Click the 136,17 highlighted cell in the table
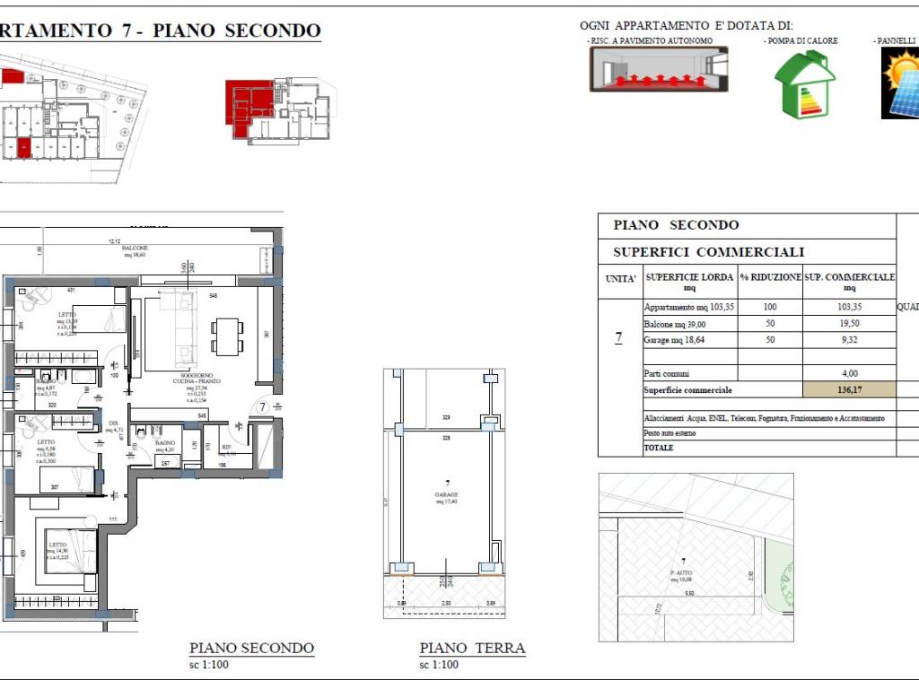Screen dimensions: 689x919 pyautogui.click(x=850, y=390)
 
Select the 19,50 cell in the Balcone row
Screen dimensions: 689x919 pyautogui.click(x=850, y=323)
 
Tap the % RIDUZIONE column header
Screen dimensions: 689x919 pyautogui.click(x=769, y=278)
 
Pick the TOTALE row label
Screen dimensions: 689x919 pyautogui.click(x=659, y=447)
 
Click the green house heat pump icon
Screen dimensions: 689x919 pyautogui.click(x=805, y=85)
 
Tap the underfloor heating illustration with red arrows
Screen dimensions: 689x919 pyautogui.click(x=658, y=69)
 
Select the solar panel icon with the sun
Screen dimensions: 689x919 pyautogui.click(x=901, y=83)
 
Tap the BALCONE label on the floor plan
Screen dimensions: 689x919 pyautogui.click(x=135, y=249)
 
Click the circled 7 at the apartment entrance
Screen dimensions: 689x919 pyautogui.click(x=263, y=406)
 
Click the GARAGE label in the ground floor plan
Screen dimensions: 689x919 pyautogui.click(x=447, y=494)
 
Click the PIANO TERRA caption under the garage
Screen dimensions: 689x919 pyautogui.click(x=472, y=648)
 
